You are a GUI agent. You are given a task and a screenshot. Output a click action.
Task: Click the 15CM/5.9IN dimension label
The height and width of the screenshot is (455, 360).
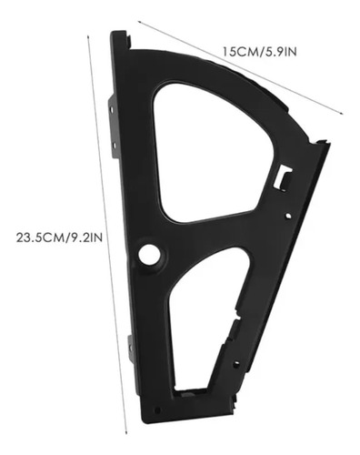[260, 52]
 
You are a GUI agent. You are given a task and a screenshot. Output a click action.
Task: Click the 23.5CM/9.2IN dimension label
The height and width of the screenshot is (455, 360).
[59, 238]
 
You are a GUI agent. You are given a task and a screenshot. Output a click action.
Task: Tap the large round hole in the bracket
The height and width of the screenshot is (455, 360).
[149, 254]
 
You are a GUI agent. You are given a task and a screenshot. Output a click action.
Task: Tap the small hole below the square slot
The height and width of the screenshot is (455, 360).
[288, 216]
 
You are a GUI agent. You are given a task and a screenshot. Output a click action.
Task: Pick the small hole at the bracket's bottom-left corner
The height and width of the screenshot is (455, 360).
[157, 410]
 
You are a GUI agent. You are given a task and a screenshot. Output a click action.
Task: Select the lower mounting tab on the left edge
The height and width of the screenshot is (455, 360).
[131, 349]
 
